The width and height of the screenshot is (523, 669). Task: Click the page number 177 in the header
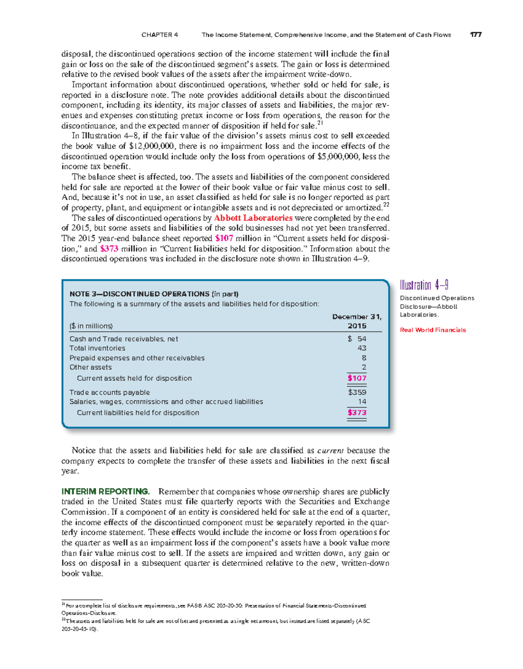pos(475,35)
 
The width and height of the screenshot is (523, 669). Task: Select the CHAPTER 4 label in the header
pos(160,35)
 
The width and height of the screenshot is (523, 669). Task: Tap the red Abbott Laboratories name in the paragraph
pos(253,218)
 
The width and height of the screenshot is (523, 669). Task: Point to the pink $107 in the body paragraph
pos(224,238)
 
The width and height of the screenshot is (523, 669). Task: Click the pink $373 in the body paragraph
pos(109,249)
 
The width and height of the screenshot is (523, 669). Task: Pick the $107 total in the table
pos(357,378)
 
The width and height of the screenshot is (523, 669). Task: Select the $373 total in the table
pos(357,412)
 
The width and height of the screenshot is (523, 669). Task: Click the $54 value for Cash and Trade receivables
pos(357,339)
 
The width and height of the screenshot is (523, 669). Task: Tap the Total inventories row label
pos(97,348)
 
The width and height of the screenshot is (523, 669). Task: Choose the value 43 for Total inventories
pos(362,348)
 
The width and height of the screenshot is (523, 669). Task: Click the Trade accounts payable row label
pos(109,392)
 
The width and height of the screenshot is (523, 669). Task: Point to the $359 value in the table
pos(357,392)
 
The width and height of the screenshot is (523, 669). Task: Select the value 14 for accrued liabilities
pos(362,402)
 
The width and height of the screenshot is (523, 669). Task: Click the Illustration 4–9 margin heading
pos(424,285)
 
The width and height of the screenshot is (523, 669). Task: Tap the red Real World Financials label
pos(433,330)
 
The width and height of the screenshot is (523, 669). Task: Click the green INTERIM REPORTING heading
pos(105,491)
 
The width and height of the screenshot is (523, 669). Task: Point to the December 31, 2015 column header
pos(357,321)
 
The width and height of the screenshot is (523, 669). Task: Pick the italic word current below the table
pos(330,451)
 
